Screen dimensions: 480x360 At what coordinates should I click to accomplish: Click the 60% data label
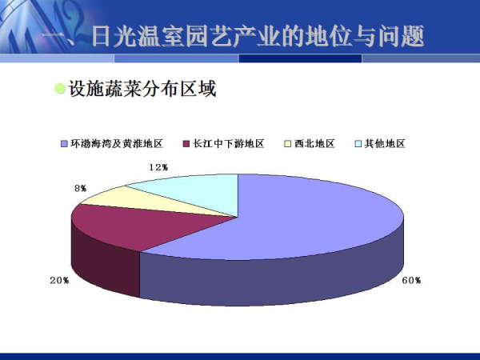(x=411, y=281)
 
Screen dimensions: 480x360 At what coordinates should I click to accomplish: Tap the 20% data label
(x=59, y=281)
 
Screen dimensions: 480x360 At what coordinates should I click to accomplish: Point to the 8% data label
(x=81, y=189)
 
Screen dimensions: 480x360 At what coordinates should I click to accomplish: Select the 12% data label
(x=158, y=167)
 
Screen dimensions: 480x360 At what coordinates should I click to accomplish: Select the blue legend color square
(x=64, y=143)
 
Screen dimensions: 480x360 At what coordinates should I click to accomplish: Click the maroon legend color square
(x=186, y=143)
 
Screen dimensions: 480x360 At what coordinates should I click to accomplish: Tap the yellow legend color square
(x=287, y=143)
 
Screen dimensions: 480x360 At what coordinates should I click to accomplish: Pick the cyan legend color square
(x=358, y=143)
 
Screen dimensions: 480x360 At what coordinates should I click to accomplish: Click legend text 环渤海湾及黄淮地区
(x=117, y=143)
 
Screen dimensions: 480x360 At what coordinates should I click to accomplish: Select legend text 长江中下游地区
(x=228, y=143)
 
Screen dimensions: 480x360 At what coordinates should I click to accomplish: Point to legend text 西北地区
(x=314, y=143)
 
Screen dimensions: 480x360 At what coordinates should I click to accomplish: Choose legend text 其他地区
(x=385, y=143)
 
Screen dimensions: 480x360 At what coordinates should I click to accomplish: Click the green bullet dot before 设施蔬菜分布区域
(x=60, y=89)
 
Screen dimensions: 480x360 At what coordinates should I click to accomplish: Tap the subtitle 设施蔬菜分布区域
(x=142, y=89)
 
